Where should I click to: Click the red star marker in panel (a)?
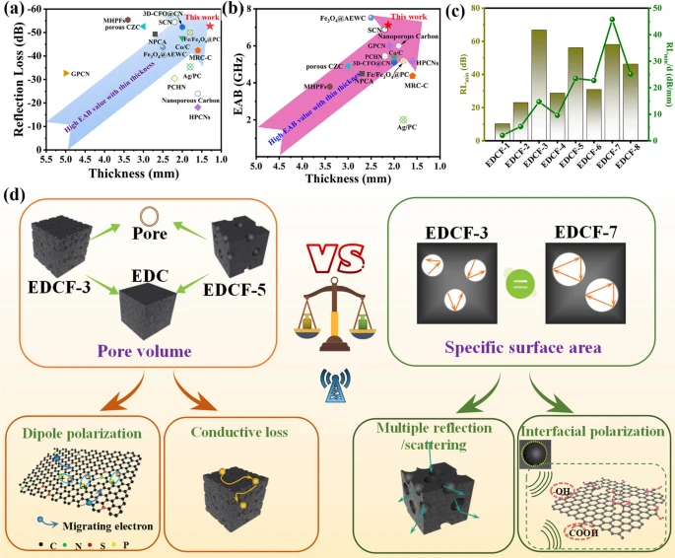[x=210, y=26]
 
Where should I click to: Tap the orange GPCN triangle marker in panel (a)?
[x=66, y=74]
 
